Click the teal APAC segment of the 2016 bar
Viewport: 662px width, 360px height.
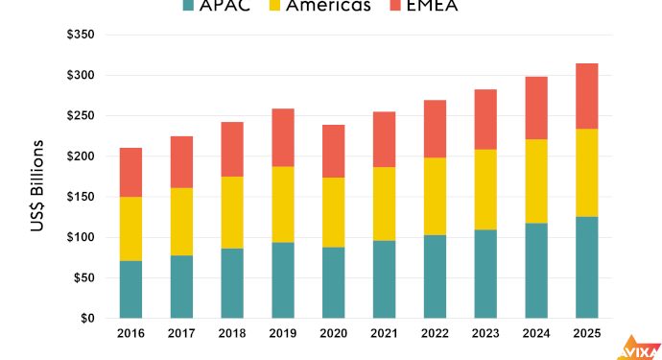tap(130, 289)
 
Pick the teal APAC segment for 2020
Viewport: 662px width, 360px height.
tap(333, 282)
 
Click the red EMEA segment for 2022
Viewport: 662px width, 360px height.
tap(435, 129)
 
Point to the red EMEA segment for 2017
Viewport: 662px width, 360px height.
tap(181, 162)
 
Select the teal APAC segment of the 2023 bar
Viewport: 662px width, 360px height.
tap(485, 274)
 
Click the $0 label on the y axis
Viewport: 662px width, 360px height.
tap(87, 318)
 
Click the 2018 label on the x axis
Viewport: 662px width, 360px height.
tap(231, 335)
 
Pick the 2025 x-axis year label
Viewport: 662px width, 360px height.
tap(586, 335)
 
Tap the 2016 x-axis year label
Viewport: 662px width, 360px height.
tap(130, 335)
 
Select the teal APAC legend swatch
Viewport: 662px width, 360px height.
tap(190, 6)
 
